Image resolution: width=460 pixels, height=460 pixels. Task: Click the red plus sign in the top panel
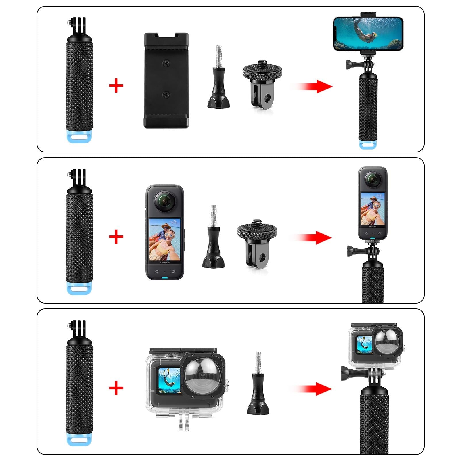(116, 86)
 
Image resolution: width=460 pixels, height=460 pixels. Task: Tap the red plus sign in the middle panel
(116, 237)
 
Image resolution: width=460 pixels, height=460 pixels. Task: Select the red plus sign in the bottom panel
(116, 388)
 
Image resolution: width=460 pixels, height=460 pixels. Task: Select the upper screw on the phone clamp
(166, 63)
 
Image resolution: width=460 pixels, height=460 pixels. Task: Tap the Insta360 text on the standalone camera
(165, 262)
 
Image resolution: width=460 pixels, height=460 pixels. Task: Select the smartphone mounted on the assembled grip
(368, 34)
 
